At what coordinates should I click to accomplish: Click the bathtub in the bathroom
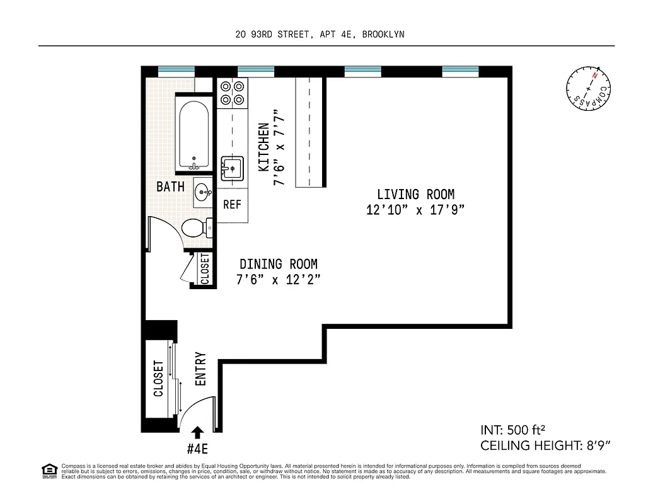pos(195,135)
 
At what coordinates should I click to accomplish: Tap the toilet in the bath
pos(195,227)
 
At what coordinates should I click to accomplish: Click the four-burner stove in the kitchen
pos(232,93)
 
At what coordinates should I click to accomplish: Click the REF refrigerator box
pos(232,205)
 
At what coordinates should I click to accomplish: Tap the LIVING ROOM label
pos(415,195)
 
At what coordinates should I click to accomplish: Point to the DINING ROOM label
pos(278,265)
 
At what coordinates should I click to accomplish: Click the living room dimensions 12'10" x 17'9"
pos(415,210)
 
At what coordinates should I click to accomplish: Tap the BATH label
pos(170,187)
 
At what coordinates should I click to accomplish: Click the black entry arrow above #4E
pos(197,432)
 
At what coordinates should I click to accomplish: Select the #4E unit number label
pos(198,449)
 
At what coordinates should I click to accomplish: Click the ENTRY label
pos(201,369)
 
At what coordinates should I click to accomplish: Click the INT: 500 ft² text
pos(512,431)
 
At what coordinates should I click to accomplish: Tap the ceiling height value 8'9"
pos(595,446)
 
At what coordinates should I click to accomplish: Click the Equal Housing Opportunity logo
pos(48,470)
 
